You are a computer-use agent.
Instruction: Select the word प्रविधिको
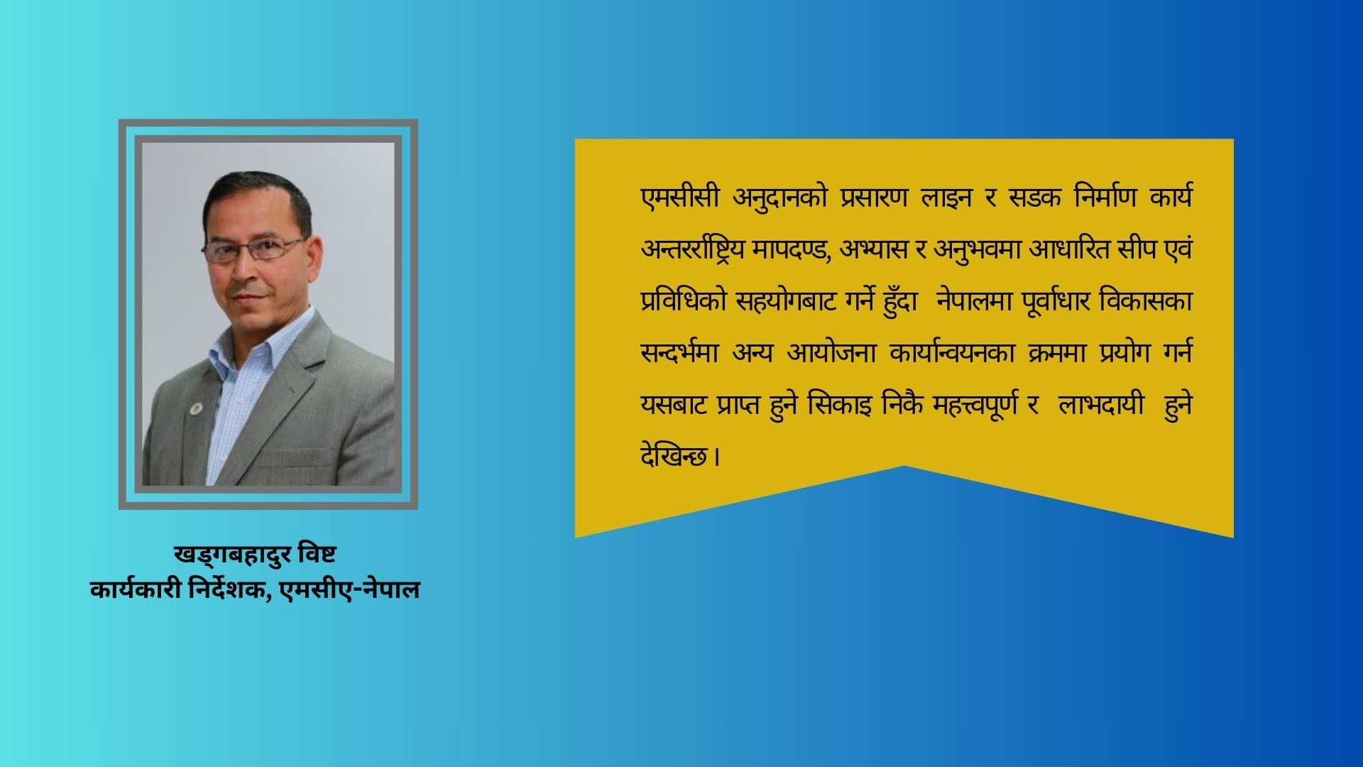(x=684, y=302)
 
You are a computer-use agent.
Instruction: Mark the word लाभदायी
(x=1100, y=406)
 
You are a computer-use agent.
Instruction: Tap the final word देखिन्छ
(x=674, y=457)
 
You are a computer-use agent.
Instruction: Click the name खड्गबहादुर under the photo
(x=232, y=555)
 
